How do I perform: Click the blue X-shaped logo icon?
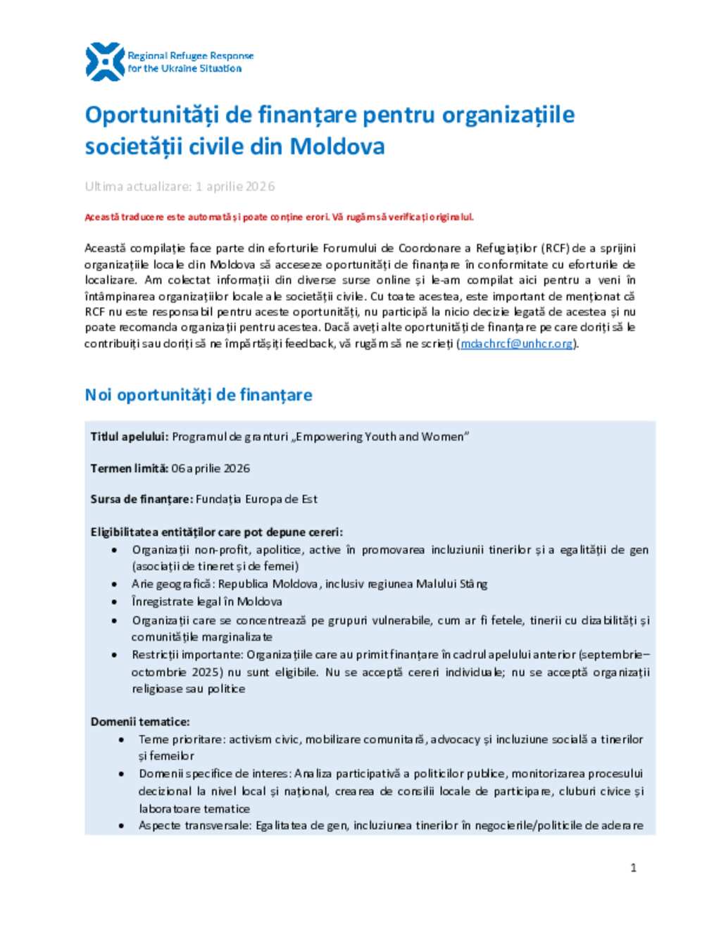point(104,61)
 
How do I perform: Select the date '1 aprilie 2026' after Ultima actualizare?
point(235,187)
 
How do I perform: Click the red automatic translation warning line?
point(279,217)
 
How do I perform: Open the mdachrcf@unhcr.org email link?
point(517,344)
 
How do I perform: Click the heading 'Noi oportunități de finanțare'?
point(198,395)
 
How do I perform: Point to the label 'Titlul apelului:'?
point(130,437)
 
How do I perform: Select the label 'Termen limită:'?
point(130,468)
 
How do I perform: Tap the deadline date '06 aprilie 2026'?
point(211,468)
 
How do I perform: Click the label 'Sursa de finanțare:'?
point(142,499)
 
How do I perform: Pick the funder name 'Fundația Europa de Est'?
point(256,499)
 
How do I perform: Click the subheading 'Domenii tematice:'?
point(140,722)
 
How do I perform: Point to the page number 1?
point(633,868)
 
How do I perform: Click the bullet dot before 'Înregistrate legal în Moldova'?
point(115,602)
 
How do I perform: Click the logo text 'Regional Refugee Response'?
point(190,56)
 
